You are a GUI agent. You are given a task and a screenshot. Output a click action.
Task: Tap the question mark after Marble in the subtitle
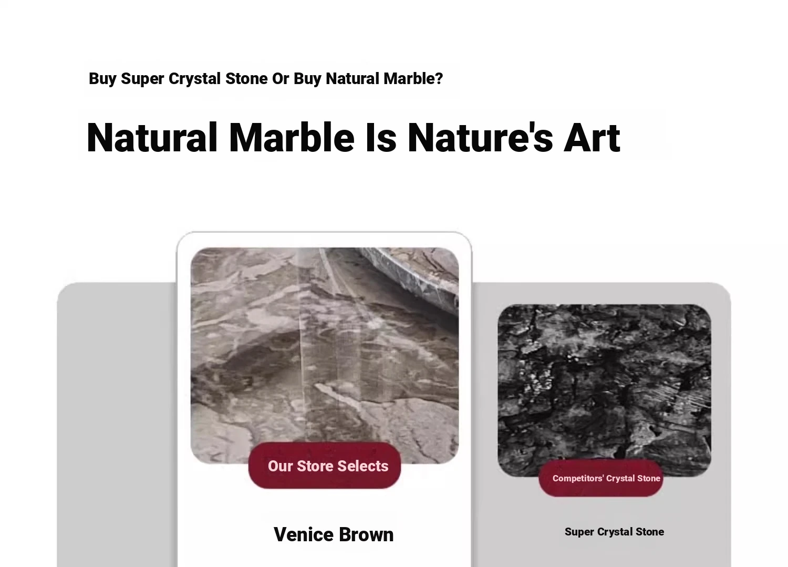click(439, 78)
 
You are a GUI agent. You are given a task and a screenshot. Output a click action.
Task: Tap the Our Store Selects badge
click(324, 465)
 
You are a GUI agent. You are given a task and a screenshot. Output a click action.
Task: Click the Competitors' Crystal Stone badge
click(600, 478)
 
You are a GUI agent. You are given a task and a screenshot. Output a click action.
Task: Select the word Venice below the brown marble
click(304, 534)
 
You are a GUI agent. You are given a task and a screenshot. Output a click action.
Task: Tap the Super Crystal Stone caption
click(614, 532)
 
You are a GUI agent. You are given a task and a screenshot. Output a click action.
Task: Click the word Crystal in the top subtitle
click(194, 79)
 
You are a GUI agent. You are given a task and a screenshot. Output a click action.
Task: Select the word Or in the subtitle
click(281, 78)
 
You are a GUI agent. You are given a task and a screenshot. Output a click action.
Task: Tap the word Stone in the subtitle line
click(246, 78)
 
